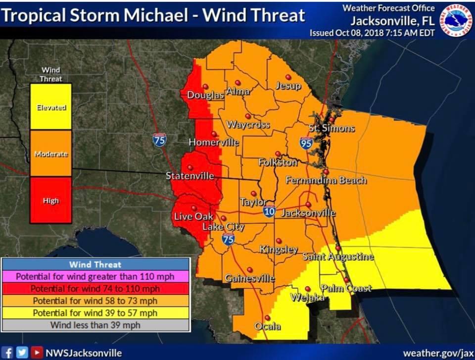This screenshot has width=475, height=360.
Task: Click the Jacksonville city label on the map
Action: coord(308,213)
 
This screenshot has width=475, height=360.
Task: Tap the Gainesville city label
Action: coord(250,278)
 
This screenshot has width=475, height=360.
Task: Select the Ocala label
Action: coord(267,326)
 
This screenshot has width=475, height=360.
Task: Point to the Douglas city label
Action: coord(205,95)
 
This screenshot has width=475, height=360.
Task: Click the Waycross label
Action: coord(248,125)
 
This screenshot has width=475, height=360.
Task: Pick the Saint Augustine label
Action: coord(338,257)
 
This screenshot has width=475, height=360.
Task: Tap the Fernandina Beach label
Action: coord(326,181)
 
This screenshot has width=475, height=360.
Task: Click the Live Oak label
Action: coord(193,217)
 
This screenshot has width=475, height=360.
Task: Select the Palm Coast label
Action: coord(346,288)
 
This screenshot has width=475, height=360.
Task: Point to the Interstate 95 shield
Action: coord(306,144)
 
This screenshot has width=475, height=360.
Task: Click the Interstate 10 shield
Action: coord(269,211)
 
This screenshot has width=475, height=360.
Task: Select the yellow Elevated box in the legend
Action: coord(51,107)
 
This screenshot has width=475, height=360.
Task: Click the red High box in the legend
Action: coord(51,200)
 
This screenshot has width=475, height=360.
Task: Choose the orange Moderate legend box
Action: coord(51,154)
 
